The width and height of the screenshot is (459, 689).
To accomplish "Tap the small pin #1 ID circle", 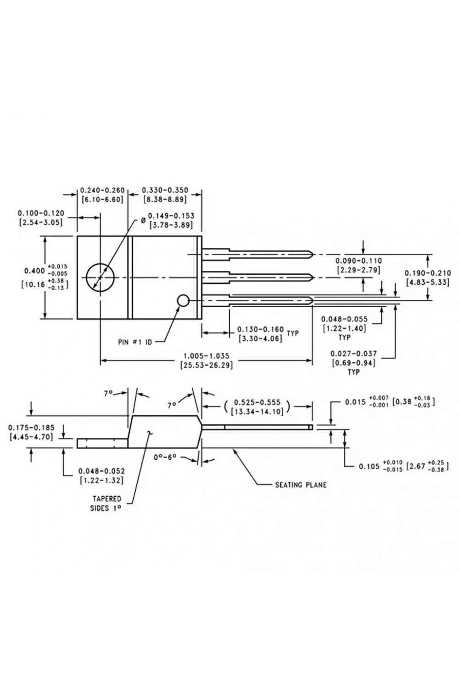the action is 178,300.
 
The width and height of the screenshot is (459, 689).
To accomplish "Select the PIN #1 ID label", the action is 135,342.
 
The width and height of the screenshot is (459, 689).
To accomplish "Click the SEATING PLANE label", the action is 301,485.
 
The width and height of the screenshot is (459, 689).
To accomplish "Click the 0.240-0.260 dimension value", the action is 102,190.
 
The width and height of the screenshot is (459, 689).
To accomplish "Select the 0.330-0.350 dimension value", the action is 165,190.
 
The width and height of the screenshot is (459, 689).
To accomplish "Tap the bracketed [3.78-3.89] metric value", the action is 171,225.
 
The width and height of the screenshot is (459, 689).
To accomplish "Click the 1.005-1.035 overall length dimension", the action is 206,356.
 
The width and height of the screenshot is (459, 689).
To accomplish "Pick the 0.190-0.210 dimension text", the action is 428,273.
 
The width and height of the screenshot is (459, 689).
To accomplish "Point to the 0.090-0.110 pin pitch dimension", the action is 358,261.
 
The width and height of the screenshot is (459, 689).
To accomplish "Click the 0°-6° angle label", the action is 165,457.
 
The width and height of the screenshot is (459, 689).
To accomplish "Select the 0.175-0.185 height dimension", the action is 31,428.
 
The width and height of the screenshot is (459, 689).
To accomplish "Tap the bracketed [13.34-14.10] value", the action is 257,412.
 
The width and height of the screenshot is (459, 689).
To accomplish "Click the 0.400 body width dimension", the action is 34,271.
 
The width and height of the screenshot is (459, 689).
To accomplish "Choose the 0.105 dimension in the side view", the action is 369,467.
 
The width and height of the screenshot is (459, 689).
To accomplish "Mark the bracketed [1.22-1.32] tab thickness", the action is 101,480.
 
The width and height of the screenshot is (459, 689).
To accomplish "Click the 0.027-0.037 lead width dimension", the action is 353,354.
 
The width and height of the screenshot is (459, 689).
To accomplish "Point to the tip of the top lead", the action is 313,254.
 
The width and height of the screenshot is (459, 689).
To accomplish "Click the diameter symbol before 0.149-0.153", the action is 143,220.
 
